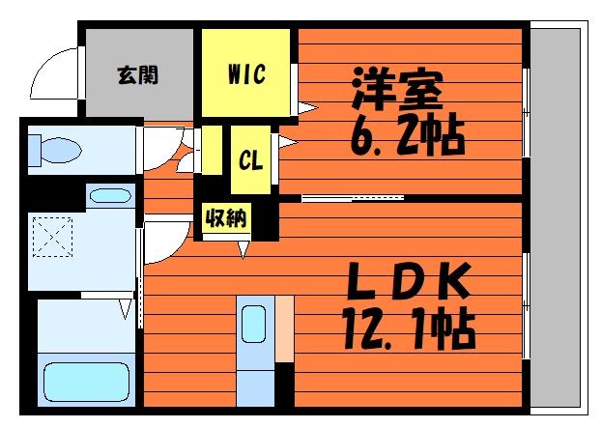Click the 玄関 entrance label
(139, 74)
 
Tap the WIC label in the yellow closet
(246, 74)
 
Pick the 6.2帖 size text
(406, 137)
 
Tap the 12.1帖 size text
(407, 331)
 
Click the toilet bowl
(56, 150)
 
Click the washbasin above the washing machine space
(109, 196)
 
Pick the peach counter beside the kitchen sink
(284, 328)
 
